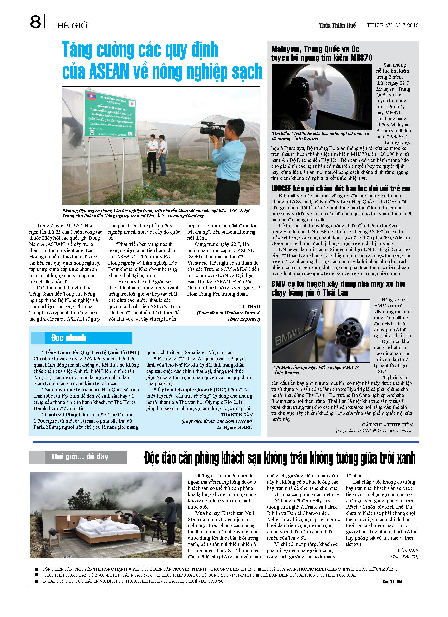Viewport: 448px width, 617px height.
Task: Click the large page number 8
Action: point(35,22)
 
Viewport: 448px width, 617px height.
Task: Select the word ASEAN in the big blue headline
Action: point(109,72)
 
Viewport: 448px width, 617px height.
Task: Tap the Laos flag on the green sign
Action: point(92,96)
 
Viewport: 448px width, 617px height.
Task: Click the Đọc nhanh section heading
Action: point(69,338)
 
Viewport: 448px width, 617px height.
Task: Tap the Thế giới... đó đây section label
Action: point(80,457)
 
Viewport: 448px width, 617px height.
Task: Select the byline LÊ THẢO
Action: point(249,307)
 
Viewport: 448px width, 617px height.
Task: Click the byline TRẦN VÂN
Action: point(406,550)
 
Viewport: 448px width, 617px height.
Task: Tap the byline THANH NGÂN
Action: point(237,415)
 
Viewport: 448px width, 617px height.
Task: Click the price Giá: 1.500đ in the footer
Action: point(392,582)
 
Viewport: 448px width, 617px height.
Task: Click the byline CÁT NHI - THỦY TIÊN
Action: point(387,425)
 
